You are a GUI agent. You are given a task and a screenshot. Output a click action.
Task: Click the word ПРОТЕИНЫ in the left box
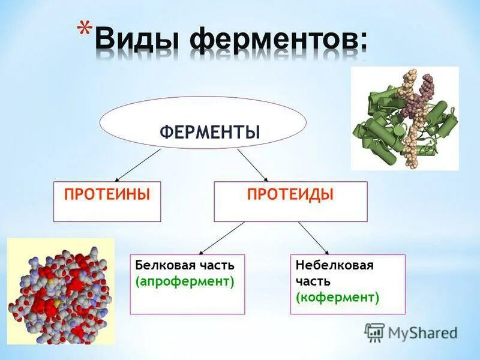tap(107, 194)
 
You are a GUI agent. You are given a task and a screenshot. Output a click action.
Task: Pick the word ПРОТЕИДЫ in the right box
tap(290, 194)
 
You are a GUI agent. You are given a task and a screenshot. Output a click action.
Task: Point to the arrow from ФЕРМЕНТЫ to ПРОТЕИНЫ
tap(138, 165)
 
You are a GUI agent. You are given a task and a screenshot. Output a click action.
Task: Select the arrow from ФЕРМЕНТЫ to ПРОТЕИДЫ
tap(252, 165)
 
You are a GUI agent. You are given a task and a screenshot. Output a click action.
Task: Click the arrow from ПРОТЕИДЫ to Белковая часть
tap(222, 238)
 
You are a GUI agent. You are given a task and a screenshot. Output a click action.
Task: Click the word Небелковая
tap(334, 265)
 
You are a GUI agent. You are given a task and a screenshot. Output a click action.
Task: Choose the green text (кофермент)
tap(337, 296)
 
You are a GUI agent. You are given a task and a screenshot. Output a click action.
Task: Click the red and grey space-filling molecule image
tap(60, 291)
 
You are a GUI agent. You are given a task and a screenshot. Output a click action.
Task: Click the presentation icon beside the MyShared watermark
tap(374, 331)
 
